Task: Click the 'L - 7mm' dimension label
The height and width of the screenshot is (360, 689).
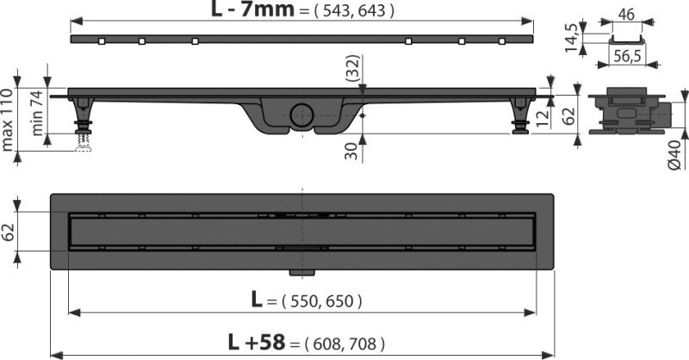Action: [252, 9]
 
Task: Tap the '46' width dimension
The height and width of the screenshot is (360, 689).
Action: [626, 15]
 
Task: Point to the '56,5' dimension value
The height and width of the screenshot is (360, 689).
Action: [627, 56]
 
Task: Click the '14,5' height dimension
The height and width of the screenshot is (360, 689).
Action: [571, 38]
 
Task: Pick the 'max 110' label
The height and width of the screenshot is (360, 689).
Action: [7, 120]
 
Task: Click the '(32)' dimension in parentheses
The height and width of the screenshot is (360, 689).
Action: [352, 69]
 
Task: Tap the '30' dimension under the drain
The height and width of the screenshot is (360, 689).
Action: [351, 151]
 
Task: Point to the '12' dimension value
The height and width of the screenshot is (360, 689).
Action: [543, 118]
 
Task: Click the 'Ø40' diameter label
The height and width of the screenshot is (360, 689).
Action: [674, 154]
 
